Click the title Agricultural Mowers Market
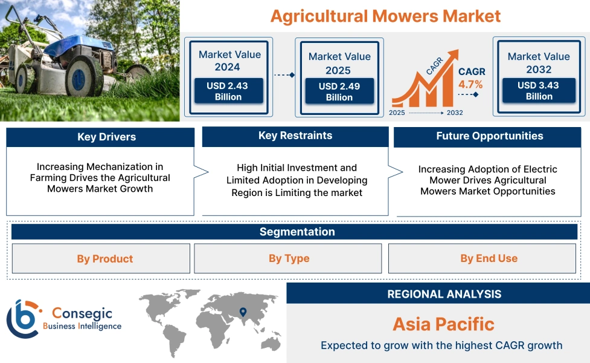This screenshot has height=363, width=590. coord(385,16)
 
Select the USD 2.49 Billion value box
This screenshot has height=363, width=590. coord(339,91)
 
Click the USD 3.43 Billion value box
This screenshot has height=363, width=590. coord(539,91)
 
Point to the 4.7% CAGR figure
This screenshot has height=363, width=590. coord(470,84)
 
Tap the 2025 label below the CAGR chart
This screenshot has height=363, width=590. coord(397,113)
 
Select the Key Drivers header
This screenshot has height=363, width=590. coord(100,137)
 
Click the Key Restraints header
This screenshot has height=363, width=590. coord(295,136)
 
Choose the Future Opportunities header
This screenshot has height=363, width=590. coord(489,136)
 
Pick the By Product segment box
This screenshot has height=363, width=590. coord(101,259)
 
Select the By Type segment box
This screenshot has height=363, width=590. coord(288,258)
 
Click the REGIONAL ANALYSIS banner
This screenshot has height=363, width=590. coord(444,294)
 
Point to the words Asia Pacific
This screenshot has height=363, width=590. coord(443,324)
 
